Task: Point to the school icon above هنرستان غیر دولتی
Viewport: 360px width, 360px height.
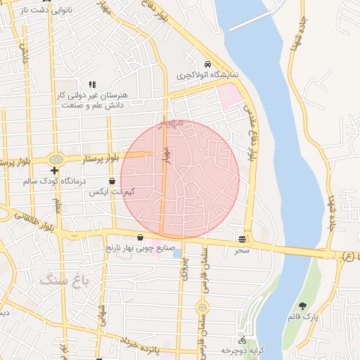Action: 92,84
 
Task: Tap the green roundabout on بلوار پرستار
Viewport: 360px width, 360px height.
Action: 55,159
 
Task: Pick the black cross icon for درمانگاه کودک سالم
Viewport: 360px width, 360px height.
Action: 54,171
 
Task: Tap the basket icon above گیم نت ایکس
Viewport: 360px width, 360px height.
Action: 112,181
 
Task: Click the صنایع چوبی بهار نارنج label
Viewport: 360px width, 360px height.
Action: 140,248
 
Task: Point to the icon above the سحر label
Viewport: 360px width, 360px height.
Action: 243,239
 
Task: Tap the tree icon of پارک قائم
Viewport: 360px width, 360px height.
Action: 303,306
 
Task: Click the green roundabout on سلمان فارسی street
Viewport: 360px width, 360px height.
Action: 202,307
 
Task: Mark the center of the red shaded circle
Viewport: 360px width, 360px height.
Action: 180,179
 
